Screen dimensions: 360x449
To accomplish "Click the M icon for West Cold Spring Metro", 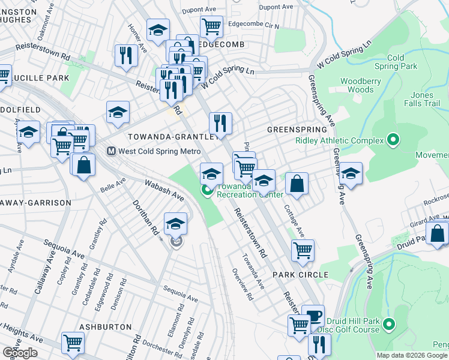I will (110, 151).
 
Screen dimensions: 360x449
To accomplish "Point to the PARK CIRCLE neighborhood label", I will (300, 275).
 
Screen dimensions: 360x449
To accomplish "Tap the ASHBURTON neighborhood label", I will (105, 326).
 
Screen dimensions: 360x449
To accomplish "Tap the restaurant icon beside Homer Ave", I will (126, 56).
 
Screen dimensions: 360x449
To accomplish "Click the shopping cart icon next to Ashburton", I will (73, 343).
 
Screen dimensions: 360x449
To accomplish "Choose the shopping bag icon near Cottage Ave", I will (297, 184).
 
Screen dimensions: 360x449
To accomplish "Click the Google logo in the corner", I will (20, 353).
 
